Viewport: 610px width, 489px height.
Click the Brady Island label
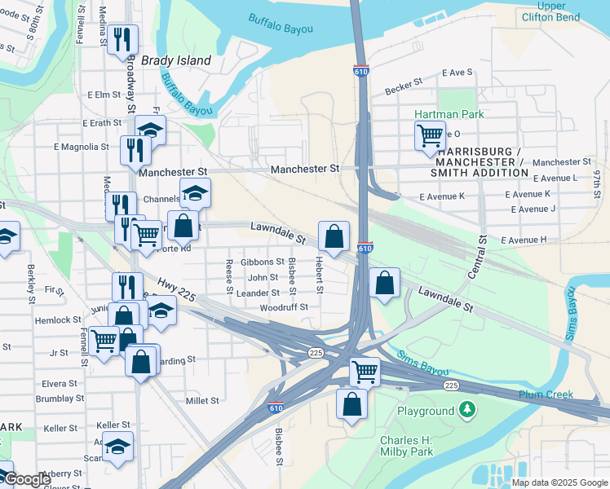point(175,60)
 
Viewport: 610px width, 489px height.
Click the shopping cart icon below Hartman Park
point(430,134)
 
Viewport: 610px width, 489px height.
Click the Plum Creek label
point(546,394)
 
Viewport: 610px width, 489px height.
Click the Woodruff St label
point(283,307)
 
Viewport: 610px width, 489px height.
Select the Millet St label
point(202,401)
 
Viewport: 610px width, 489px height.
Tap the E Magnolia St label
point(81,147)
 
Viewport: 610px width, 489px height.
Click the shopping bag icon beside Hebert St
point(334,237)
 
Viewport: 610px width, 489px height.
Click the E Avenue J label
point(533,209)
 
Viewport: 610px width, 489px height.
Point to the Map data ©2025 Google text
point(559,482)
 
